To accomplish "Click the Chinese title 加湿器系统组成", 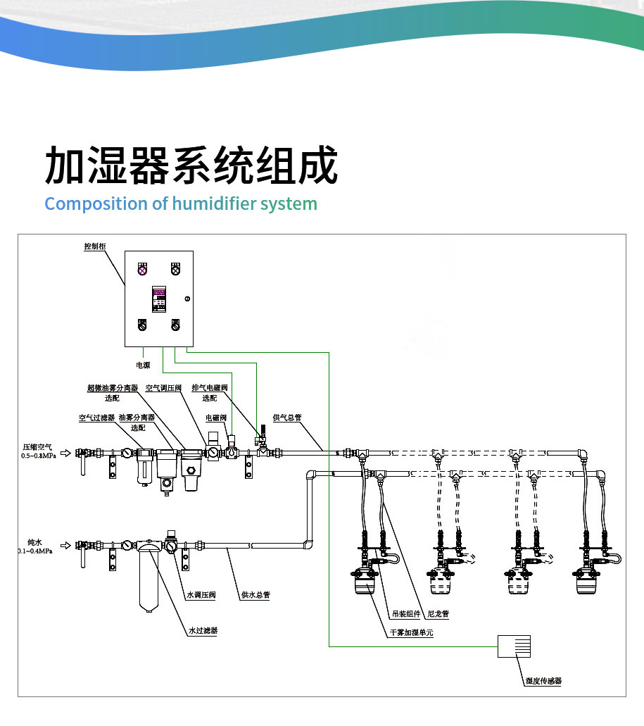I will [x=191, y=165].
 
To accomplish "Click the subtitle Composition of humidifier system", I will [x=181, y=204].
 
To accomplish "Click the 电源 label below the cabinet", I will [x=143, y=365].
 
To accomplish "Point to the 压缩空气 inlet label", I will [x=37, y=446].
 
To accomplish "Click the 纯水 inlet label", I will [x=34, y=542].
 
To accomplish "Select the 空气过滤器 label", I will [x=96, y=418].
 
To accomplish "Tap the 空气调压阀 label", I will [x=163, y=388].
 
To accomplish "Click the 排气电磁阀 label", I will [x=210, y=388].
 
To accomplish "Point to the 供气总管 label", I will [x=287, y=418].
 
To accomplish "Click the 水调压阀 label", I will [x=201, y=595].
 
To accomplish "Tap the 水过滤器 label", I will [x=203, y=631].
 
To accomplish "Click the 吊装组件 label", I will [x=406, y=614].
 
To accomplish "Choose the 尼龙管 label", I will [x=438, y=614].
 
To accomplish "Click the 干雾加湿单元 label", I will [x=412, y=633].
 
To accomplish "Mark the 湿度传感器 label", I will [x=544, y=681].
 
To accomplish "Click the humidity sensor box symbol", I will [x=514, y=646].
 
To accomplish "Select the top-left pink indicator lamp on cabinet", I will [x=142, y=268].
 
